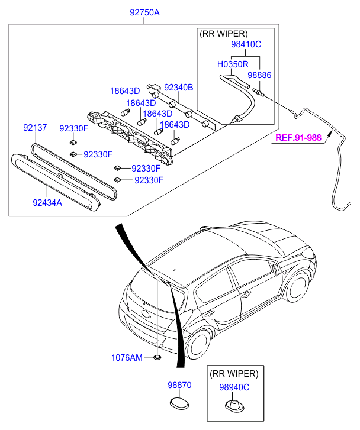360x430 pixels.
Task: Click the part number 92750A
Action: coord(144,12)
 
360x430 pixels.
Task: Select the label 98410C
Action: coord(246,44)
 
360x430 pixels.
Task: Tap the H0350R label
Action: coord(232,64)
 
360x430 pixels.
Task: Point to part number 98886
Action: coord(259,76)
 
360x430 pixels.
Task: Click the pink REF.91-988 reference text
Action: coord(298,138)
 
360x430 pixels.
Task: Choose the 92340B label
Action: coord(179,88)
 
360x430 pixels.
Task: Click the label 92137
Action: coord(37,128)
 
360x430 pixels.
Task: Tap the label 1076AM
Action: coord(127,357)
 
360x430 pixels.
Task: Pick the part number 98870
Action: coord(179,385)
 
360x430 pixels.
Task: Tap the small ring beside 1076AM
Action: coord(157,358)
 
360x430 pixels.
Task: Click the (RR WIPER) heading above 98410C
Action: coord(223,33)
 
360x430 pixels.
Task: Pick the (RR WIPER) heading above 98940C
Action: coord(234,374)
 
